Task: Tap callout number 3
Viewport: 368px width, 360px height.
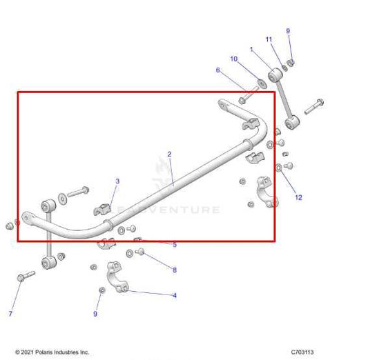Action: tap(117, 181)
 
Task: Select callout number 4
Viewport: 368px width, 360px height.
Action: tap(175, 295)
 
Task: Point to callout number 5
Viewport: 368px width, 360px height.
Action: tap(175, 245)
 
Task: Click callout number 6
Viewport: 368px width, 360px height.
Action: tap(218, 70)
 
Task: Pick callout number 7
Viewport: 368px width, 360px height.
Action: tap(10, 314)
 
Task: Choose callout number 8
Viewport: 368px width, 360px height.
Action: tap(175, 270)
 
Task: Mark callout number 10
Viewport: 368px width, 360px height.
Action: tap(234, 59)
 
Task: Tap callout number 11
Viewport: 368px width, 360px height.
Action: tap(269, 39)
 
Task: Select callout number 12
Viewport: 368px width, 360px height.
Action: tap(298, 198)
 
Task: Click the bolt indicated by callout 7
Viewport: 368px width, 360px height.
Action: tap(25, 277)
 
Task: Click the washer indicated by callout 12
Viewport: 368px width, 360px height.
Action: tap(278, 168)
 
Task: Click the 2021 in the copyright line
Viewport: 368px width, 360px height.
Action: tap(30, 352)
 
